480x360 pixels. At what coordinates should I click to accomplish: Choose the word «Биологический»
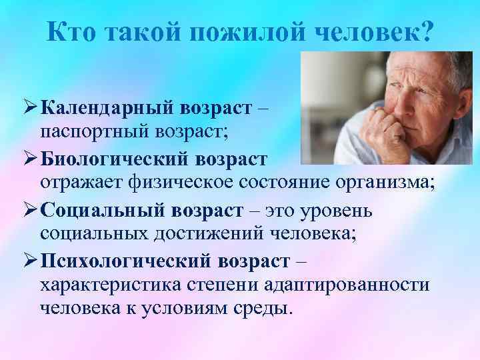[116, 159]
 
